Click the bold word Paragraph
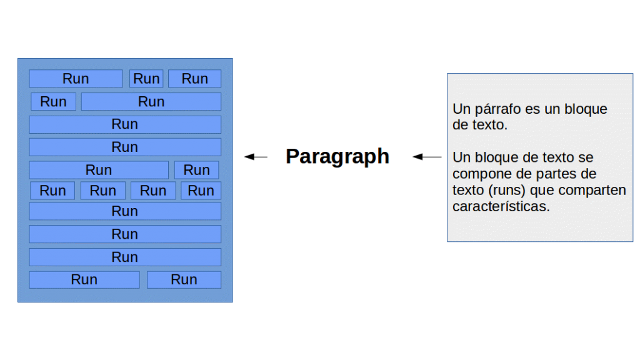tap(337, 157)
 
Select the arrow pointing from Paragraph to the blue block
tap(256, 157)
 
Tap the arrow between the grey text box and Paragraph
tap(427, 157)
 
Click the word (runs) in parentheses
tap(506, 191)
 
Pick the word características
tap(501, 206)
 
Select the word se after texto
tap(586, 158)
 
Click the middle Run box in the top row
tap(146, 79)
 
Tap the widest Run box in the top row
tap(76, 79)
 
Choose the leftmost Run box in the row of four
tap(52, 191)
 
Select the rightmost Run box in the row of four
tap(201, 191)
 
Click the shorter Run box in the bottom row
tap(184, 279)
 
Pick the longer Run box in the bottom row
tap(84, 279)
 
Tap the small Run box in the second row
tap(54, 102)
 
